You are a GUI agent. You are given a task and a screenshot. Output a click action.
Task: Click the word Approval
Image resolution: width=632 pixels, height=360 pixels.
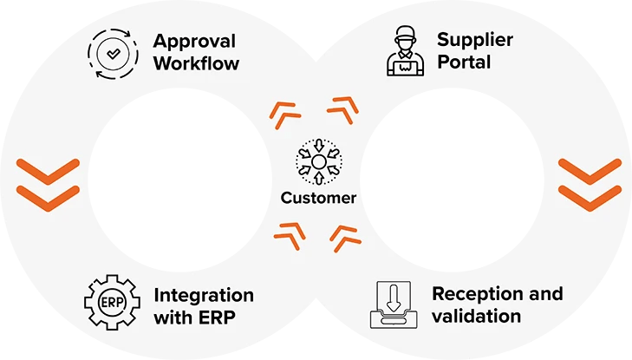coord(196,41)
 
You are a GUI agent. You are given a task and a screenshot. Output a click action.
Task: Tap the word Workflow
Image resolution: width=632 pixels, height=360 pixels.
coord(197,63)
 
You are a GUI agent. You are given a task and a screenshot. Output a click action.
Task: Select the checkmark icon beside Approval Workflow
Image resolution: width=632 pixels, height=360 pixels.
coord(112,54)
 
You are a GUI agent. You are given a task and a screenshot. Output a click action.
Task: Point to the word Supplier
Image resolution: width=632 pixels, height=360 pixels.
coord(475,41)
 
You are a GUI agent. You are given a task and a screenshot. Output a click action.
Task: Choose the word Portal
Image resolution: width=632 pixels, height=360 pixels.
coord(463,63)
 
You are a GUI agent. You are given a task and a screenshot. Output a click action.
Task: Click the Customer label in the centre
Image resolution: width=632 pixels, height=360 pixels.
coord(318,198)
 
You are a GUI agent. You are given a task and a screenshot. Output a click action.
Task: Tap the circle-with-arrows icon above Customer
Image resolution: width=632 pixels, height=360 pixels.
coord(318,162)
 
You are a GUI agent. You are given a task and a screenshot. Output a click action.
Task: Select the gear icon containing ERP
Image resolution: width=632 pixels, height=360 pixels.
coord(110,304)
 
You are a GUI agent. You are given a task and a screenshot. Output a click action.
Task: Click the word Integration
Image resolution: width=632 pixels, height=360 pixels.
coord(203,294)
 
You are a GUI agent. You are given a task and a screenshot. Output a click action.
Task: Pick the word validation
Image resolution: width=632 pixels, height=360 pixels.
coord(477,316)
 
